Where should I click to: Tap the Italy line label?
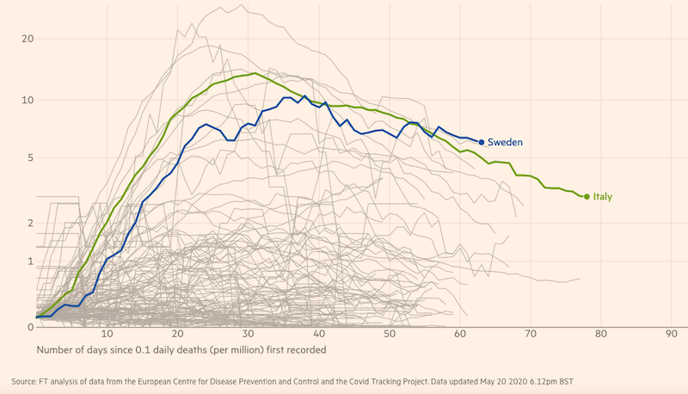(602, 197)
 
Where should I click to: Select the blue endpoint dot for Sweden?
(482, 142)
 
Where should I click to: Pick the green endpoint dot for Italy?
(587, 197)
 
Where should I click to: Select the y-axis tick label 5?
(29, 158)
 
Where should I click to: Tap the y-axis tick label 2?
(29, 223)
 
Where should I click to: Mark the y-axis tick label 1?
(29, 262)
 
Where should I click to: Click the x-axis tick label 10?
(107, 334)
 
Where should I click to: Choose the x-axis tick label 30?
(248, 334)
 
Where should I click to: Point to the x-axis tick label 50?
(389, 334)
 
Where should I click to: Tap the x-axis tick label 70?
(530, 334)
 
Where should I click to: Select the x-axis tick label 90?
(671, 334)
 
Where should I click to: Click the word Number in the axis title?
(57, 350)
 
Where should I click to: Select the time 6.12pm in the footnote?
(551, 380)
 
